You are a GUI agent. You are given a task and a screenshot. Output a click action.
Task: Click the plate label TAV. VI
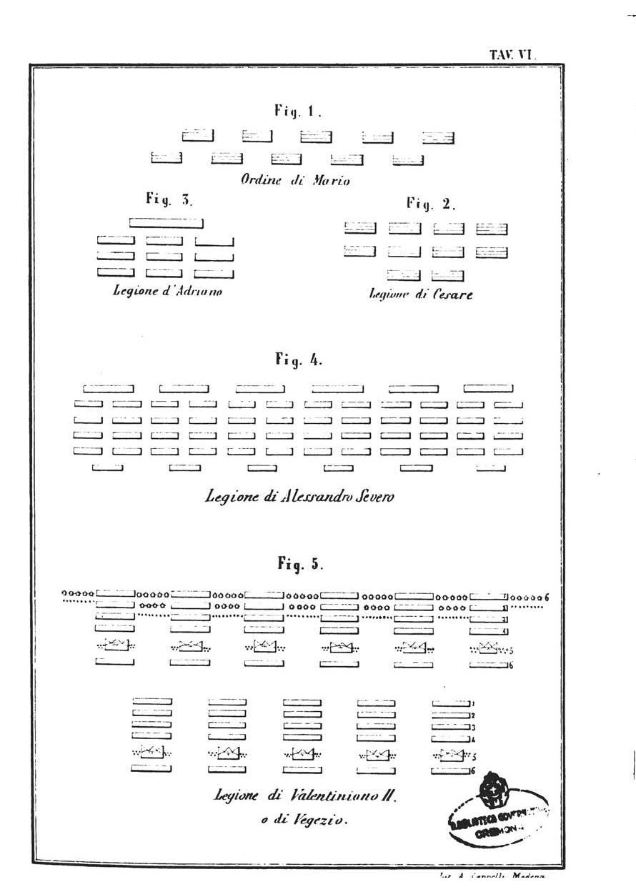click(x=512, y=54)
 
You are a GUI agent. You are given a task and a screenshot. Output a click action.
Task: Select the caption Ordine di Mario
click(x=295, y=180)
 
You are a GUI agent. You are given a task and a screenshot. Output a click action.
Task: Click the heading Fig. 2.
click(x=430, y=204)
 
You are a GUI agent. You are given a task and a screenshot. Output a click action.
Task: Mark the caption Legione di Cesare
click(x=421, y=293)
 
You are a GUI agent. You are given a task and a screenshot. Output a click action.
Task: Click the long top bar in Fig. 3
click(x=167, y=223)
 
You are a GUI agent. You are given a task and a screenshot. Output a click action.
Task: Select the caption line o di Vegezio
click(x=304, y=821)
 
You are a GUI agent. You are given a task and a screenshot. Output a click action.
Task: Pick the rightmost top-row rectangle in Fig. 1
click(x=438, y=137)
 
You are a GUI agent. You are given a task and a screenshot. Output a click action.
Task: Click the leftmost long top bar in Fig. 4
click(x=109, y=388)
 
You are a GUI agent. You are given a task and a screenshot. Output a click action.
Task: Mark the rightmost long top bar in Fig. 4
click(x=489, y=388)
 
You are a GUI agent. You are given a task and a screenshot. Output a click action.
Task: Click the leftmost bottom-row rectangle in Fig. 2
click(x=403, y=274)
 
